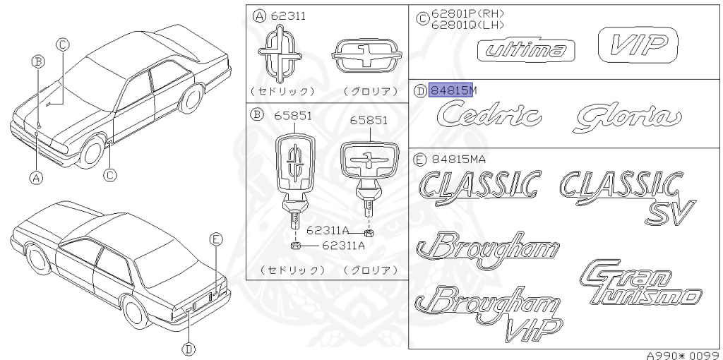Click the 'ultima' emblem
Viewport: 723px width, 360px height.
click(x=526, y=50)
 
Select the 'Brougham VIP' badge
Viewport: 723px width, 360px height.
click(x=488, y=310)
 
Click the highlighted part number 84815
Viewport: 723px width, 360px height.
click(x=449, y=90)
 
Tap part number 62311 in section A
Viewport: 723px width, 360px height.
click(x=289, y=16)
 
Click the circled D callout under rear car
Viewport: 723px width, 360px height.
click(x=188, y=347)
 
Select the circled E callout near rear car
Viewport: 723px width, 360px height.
click(x=216, y=239)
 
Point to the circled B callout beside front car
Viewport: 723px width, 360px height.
click(x=39, y=61)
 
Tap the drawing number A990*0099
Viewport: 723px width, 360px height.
click(x=682, y=355)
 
